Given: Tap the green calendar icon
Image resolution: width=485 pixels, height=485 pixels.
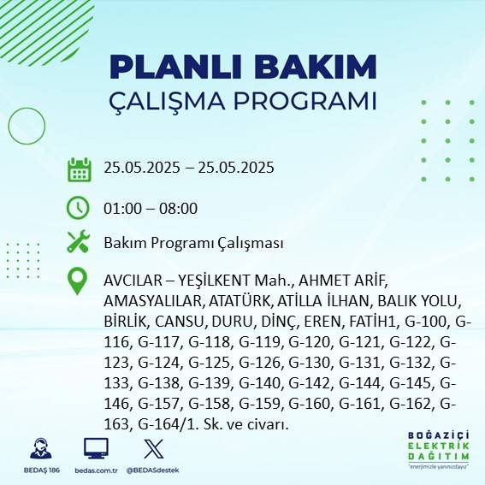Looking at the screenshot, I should click(x=80, y=169).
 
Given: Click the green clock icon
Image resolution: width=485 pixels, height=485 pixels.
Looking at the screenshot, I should click(x=78, y=207).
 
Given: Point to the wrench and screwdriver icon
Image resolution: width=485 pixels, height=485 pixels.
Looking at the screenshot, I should click(x=79, y=242).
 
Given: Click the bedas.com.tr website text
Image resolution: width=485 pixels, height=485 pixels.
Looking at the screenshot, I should click(x=96, y=470).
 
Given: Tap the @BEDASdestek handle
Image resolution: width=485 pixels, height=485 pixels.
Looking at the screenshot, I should click(x=152, y=470).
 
